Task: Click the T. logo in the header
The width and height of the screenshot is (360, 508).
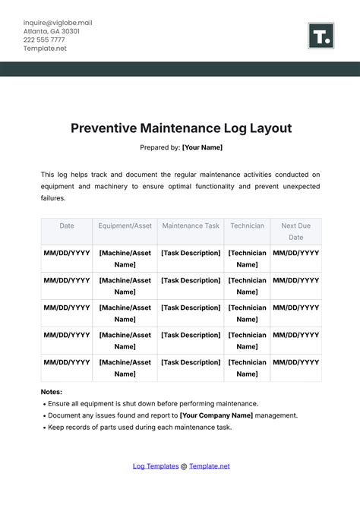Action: point(322,36)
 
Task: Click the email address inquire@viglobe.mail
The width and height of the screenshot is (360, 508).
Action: point(57,23)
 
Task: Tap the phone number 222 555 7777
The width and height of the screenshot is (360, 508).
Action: point(44,39)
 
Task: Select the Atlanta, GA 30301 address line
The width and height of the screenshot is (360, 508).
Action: point(52,31)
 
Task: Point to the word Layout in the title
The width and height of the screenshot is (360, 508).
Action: point(264,128)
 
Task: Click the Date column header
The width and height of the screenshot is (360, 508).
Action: point(67,226)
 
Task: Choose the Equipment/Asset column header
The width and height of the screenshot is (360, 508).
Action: point(125,226)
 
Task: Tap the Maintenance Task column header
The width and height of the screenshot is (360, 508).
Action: point(191,226)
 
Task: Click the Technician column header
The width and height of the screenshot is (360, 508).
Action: point(248,226)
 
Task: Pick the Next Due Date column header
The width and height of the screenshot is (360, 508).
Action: point(296,231)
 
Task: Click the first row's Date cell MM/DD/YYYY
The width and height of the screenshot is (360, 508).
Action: point(67,253)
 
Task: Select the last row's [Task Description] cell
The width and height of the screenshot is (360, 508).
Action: point(191,362)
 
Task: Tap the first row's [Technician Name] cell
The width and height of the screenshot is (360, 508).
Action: point(248,259)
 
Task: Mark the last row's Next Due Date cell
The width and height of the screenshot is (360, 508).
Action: point(296,362)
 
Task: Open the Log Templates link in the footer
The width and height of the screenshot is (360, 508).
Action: point(156,466)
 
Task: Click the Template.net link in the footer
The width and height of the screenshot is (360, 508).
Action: point(210,466)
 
